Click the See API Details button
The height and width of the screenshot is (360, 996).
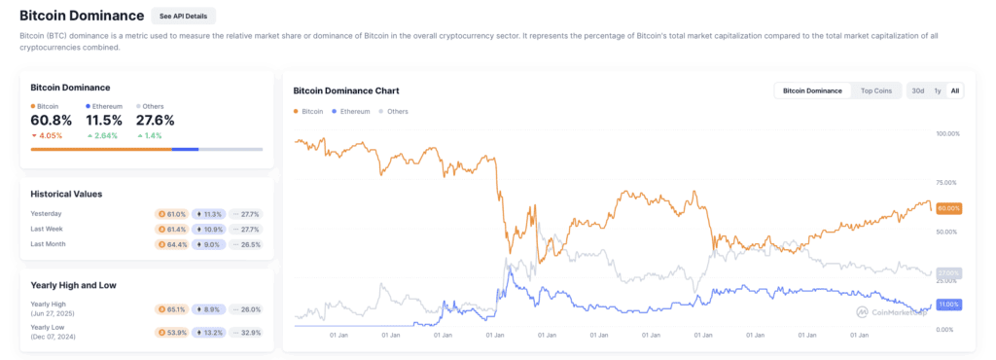coord(184,17)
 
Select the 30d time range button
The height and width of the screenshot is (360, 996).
coord(917,90)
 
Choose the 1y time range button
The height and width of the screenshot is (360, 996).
coord(937,90)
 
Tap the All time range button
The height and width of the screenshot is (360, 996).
coord(955,90)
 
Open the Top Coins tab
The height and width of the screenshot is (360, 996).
coord(875,90)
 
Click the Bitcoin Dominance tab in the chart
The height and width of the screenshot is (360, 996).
coord(812,90)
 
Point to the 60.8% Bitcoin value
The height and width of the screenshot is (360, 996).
coord(52,120)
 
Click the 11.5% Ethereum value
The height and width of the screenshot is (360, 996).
coord(104,120)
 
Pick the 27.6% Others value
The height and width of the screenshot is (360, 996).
coord(156,120)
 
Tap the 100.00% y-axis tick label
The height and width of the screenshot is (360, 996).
coord(946,133)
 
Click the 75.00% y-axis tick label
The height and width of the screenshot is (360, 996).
coord(945,183)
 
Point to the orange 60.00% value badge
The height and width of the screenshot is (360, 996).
coord(948,208)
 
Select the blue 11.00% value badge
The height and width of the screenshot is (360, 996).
coord(948,305)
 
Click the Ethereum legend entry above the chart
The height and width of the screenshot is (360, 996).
coord(354,112)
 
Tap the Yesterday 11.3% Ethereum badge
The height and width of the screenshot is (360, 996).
coord(209,213)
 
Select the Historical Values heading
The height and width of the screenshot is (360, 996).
coord(66,194)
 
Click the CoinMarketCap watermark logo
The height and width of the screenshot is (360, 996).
coord(889,312)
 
